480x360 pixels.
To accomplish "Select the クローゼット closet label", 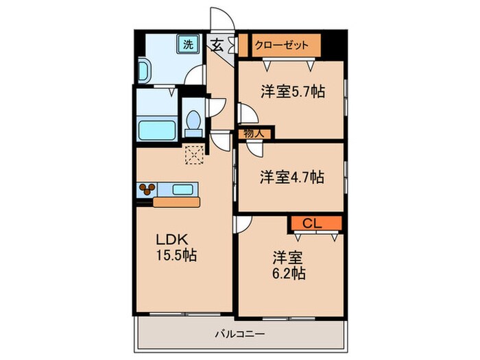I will [278, 46].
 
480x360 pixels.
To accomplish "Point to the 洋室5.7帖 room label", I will [291, 92].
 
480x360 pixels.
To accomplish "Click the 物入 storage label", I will [254, 132].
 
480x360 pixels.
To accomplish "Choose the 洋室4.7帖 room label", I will [291, 176].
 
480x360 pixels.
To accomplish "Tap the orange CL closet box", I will [313, 223].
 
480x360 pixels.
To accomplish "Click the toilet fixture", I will [193, 122].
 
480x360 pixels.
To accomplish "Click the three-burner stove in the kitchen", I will [147, 189].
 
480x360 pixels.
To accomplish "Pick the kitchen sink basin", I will [183, 189].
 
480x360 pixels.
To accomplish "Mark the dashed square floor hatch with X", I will [195, 155].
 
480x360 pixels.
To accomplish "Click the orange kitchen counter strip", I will [177, 202].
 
